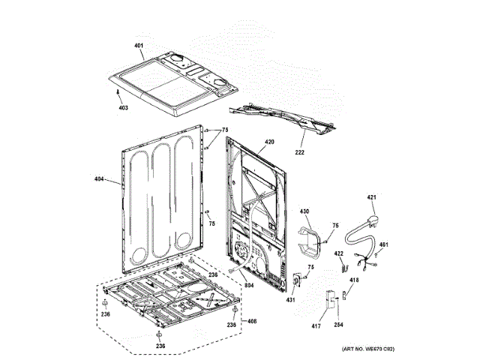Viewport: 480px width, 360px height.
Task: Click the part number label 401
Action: tap(139, 46)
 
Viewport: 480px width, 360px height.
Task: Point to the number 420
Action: tap(269, 142)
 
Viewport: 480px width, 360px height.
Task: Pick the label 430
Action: tap(304, 212)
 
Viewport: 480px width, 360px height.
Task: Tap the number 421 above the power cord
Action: tap(370, 197)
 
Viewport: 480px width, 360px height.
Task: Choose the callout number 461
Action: tap(383, 244)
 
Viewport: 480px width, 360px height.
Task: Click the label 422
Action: tap(339, 253)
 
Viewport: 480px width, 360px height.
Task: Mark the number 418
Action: tap(354, 280)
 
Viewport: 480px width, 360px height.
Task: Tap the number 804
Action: tap(249, 285)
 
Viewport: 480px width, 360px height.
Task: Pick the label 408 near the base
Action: tap(252, 322)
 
